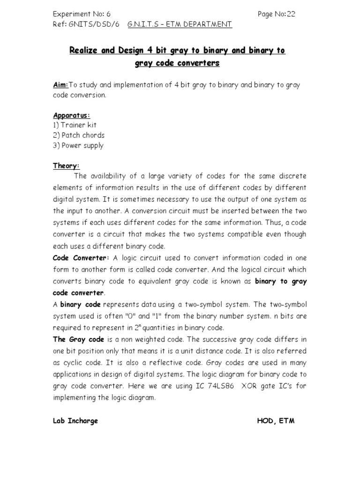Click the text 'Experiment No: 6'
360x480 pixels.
tap(82, 14)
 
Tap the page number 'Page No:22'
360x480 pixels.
tap(277, 14)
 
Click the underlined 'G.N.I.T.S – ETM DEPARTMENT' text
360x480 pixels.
tap(180, 24)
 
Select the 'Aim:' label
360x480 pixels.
tap(60, 85)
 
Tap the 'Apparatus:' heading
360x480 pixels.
tap(71, 115)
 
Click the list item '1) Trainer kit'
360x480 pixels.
tap(75, 125)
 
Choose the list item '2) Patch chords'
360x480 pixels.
tap(79, 135)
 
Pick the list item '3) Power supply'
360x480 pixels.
tap(78, 145)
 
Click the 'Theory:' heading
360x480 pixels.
tap(66, 166)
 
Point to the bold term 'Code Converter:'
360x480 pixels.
tap(81, 258)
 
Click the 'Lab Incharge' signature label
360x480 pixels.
tap(75, 420)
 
